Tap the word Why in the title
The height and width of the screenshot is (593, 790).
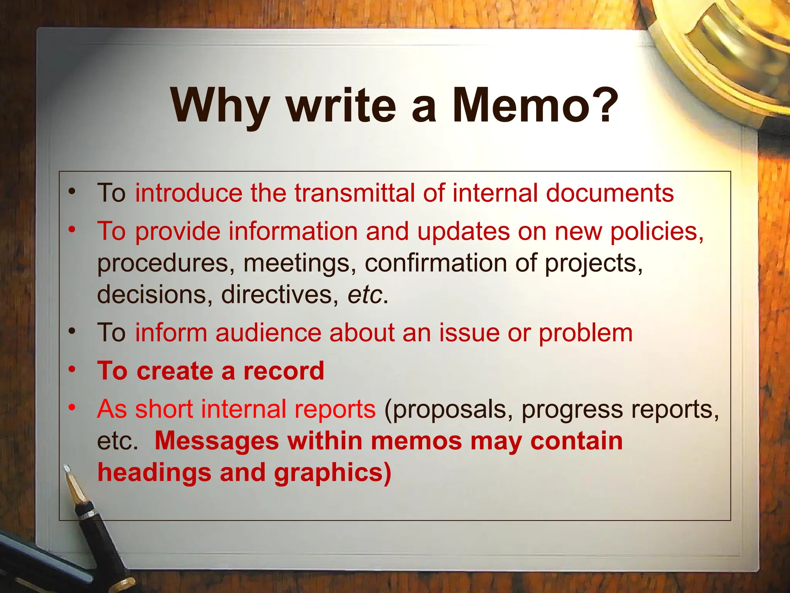220,106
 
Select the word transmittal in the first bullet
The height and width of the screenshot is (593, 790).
354,193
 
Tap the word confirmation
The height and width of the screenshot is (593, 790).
436,263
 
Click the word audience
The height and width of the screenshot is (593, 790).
268,333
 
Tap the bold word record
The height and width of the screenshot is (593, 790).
284,371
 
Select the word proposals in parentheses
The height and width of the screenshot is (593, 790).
449,410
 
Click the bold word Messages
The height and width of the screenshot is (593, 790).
216,441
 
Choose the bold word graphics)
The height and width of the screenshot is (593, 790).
333,473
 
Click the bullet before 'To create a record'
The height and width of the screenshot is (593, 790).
72,369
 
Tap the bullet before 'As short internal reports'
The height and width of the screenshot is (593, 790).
72,407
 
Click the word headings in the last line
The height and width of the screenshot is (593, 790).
154,473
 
